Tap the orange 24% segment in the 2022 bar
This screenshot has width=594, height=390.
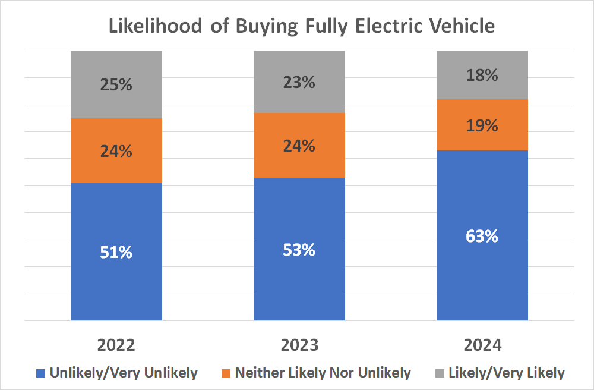[116, 151]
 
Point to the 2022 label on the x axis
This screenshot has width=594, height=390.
[116, 345]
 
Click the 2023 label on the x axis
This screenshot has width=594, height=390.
[299, 345]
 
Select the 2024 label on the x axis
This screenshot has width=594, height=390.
[482, 345]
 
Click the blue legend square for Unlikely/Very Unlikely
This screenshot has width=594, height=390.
[40, 373]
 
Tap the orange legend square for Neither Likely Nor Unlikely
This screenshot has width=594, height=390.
[226, 373]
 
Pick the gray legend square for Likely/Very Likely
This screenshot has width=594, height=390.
[440, 373]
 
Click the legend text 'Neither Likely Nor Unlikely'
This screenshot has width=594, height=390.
[323, 373]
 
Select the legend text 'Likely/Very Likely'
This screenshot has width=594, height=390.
[507, 373]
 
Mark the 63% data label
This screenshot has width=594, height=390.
[482, 236]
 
